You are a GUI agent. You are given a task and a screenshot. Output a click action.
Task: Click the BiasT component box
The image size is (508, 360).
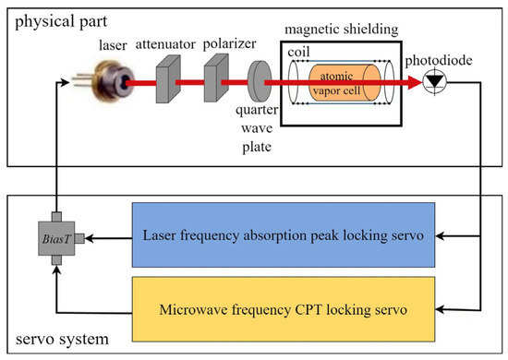click(55, 241)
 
